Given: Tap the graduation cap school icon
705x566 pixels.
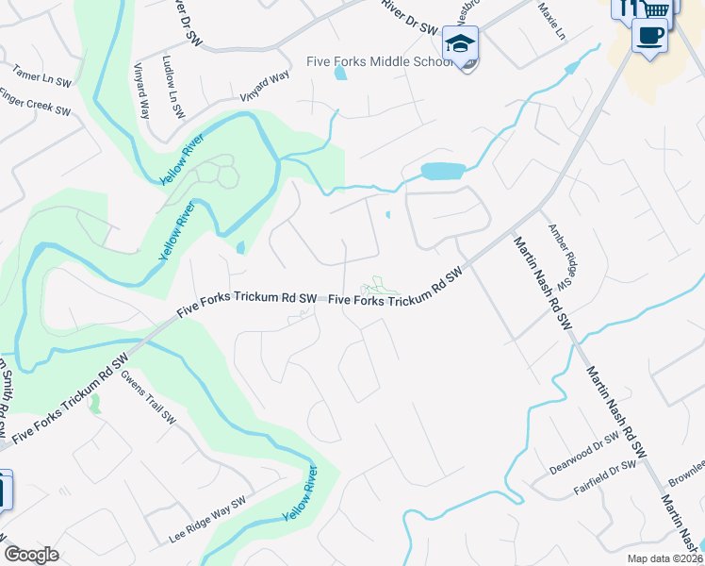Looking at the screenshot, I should [460, 43].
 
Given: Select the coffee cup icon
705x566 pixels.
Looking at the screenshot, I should [648, 36].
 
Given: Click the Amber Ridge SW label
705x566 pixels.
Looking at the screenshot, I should [562, 256].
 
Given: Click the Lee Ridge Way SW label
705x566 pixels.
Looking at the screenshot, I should [207, 520].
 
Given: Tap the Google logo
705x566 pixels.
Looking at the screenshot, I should [31, 555].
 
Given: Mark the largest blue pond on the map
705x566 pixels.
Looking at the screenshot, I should [443, 172].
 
